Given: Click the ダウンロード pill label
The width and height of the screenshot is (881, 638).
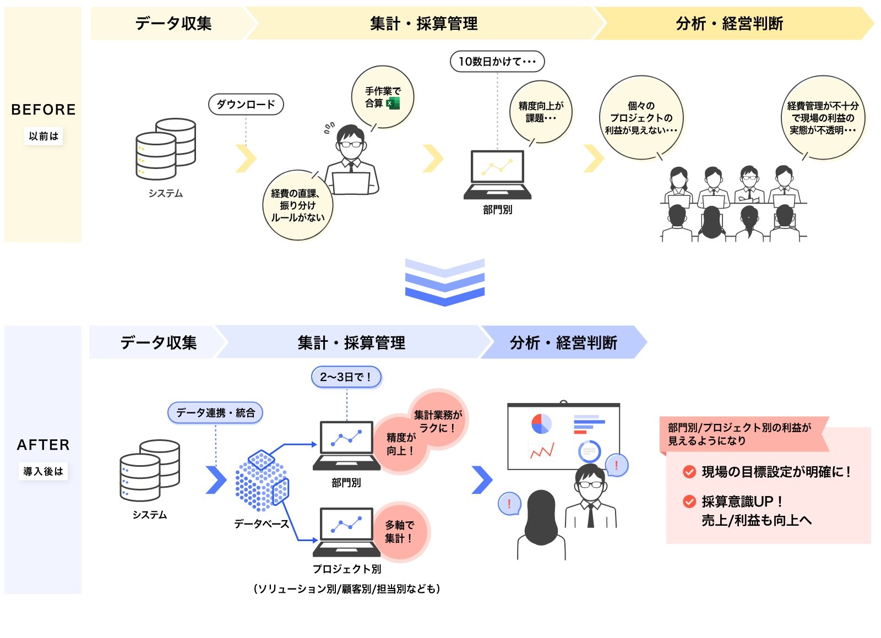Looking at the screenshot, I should click(x=246, y=104).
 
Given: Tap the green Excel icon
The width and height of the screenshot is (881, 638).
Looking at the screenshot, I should click(x=393, y=103).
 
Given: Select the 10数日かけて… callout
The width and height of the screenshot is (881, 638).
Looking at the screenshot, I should click(x=497, y=61).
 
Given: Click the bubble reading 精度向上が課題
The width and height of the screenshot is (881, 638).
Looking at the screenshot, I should click(x=541, y=112).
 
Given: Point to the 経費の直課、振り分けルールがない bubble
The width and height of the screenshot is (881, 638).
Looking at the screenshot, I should click(x=297, y=205).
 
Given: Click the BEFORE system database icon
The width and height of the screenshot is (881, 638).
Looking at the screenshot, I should click(x=165, y=149).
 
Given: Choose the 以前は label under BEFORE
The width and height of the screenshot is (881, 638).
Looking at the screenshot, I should click(x=43, y=136).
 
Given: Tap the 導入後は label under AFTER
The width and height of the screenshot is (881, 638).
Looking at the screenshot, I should click(x=43, y=471).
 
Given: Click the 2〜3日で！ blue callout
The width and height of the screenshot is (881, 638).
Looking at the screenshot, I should click(x=346, y=377).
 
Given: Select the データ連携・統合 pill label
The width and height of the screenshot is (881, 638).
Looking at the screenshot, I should click(x=215, y=412).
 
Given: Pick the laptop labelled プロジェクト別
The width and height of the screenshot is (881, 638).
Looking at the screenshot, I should click(x=346, y=531).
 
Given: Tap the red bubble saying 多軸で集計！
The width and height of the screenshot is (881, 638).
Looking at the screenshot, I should click(x=400, y=532).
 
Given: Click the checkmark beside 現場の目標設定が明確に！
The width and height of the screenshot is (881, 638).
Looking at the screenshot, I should click(x=689, y=472).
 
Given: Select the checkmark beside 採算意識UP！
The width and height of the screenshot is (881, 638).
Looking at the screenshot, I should click(x=689, y=501).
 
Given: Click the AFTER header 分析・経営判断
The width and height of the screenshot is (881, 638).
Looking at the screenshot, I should click(x=563, y=342).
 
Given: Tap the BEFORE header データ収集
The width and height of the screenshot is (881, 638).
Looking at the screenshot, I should click(x=173, y=23).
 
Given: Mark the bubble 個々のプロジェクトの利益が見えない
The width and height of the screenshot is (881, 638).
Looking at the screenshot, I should click(x=641, y=118).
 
